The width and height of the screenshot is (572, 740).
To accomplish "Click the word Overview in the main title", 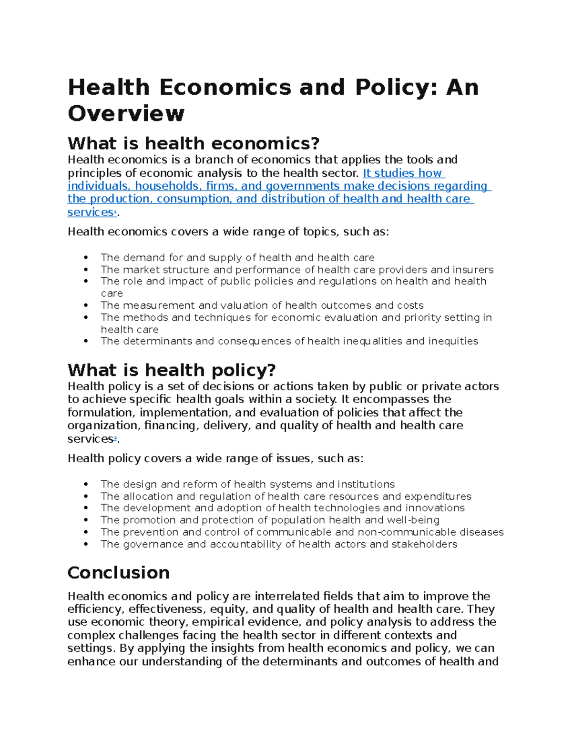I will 126,113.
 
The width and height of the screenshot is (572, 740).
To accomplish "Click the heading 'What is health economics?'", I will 194,143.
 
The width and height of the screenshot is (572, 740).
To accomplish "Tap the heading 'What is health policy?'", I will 172,370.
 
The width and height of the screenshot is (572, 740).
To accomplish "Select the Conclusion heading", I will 118,572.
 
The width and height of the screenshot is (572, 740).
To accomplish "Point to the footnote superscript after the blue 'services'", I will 114,213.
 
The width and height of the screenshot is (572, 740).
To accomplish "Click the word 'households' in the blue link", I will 166,186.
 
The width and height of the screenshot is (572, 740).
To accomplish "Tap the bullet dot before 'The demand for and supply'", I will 86,258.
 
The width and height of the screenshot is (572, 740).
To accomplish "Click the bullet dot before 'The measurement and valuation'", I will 86,305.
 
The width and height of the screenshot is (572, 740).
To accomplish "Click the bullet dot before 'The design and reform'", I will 86,485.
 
